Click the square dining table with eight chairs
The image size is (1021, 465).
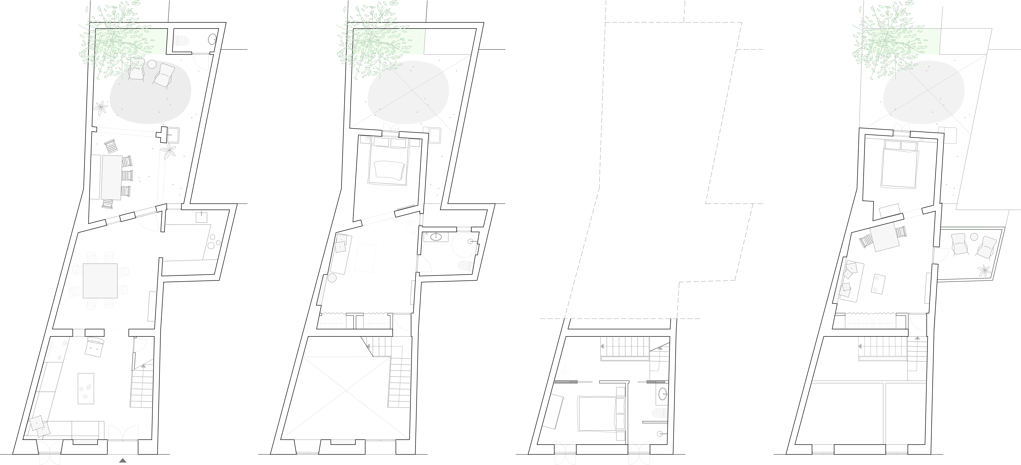pyautogui.click(x=100, y=281)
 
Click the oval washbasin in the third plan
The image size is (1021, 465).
pyautogui.click(x=662, y=394)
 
